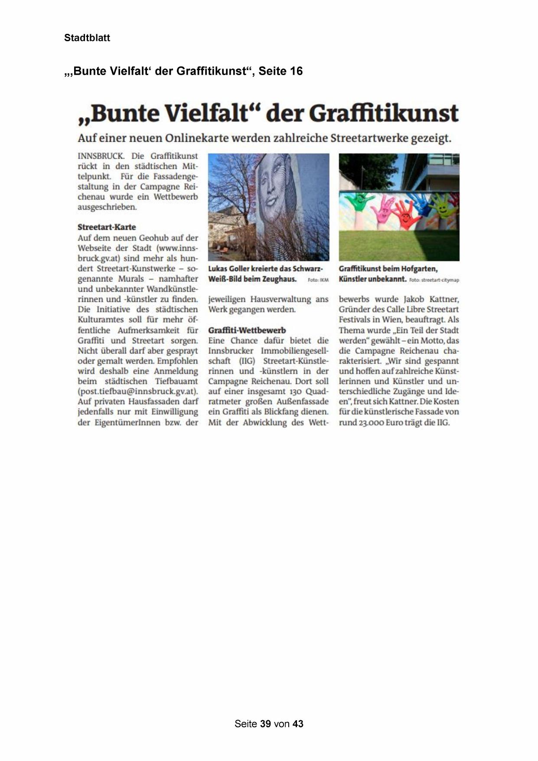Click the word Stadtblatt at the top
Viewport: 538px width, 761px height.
point(87,38)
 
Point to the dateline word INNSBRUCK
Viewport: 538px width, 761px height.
point(101,156)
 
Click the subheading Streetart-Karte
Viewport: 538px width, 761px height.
point(107,227)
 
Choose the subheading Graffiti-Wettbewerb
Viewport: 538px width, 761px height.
point(247,330)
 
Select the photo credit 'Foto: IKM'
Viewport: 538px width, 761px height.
point(318,280)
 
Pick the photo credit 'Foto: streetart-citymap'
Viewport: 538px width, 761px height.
point(434,280)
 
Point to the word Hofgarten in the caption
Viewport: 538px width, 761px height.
point(418,269)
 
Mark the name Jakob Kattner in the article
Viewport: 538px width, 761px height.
point(431,299)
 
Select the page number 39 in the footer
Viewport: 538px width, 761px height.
point(265,724)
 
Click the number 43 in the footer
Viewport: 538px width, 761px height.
point(298,724)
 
